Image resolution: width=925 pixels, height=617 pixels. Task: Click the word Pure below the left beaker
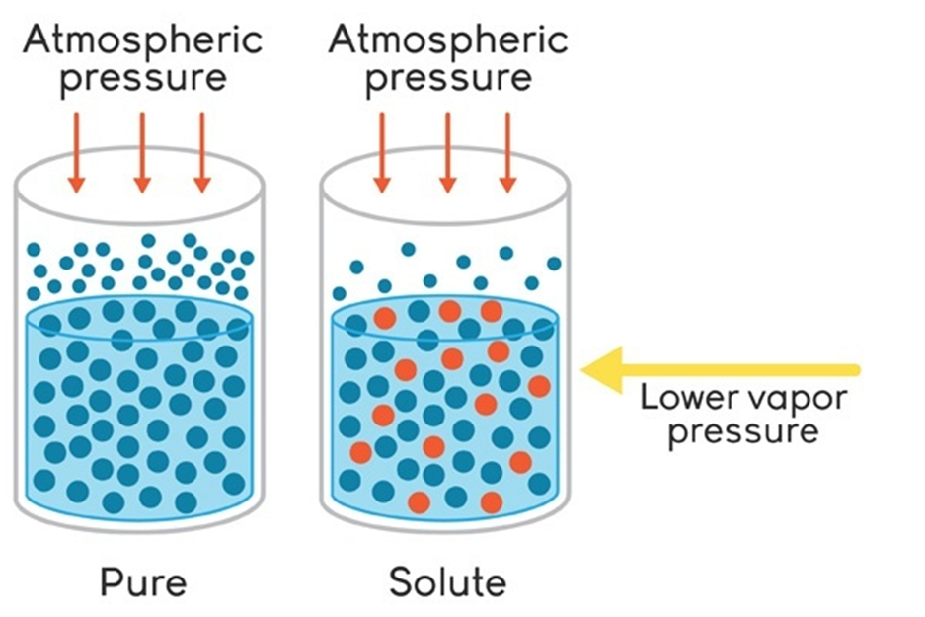(142, 581)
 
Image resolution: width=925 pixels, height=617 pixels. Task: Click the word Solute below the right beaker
(447, 581)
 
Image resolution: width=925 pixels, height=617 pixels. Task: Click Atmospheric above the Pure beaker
(142, 40)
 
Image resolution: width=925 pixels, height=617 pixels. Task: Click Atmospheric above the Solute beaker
(447, 40)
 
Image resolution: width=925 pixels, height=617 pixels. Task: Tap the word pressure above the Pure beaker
(142, 78)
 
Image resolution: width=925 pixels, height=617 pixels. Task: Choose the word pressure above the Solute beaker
(447, 78)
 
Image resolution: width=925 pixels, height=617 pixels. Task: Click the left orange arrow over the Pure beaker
(78, 152)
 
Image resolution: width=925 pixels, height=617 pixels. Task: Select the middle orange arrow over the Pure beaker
(142, 152)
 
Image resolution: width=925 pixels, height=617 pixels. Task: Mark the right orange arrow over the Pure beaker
(202, 152)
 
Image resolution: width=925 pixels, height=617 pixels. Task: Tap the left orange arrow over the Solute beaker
(382, 152)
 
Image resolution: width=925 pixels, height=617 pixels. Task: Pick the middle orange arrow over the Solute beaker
(447, 152)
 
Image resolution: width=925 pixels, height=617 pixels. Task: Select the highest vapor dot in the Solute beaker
(408, 249)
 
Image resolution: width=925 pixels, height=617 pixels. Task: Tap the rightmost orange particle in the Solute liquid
(539, 385)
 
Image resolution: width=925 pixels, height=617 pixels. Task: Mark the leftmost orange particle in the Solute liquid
(360, 452)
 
